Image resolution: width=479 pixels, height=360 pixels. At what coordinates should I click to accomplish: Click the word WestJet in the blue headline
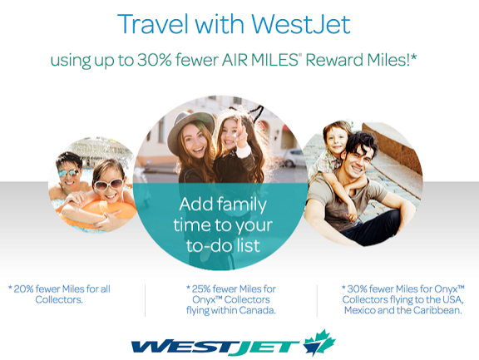click(x=301, y=24)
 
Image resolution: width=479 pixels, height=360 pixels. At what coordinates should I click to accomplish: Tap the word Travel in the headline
click(x=153, y=24)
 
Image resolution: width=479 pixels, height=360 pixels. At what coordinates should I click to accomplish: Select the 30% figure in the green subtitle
click(x=155, y=60)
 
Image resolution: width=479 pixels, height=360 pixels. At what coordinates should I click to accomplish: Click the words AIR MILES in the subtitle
click(x=259, y=60)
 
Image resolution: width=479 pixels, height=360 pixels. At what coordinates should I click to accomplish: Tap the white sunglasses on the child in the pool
click(x=109, y=184)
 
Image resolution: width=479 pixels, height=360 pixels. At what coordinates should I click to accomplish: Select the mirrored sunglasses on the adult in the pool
click(x=69, y=173)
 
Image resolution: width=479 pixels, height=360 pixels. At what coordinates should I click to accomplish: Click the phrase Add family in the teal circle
click(x=223, y=205)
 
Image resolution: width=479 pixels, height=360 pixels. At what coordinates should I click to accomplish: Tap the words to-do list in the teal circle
click(x=223, y=245)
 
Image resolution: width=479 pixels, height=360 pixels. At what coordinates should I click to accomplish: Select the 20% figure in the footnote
click(x=23, y=288)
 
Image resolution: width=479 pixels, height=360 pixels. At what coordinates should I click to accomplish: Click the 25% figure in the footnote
click(x=201, y=288)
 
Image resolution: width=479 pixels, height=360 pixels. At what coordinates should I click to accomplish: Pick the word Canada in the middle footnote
click(x=257, y=310)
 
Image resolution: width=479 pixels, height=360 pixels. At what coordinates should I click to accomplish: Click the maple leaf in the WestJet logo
click(x=319, y=342)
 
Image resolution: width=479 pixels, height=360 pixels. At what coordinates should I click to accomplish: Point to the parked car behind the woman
click(x=294, y=157)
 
